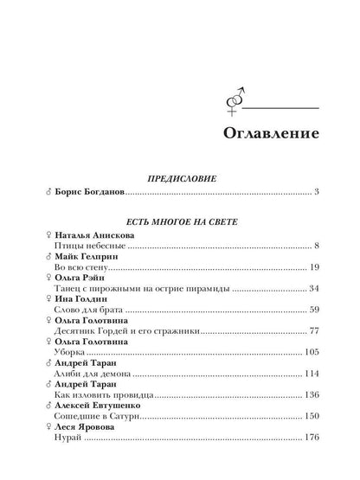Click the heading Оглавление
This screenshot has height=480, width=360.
click(260, 136)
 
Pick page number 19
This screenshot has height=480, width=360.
click(317, 267)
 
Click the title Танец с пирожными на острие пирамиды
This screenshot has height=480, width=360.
click(128, 288)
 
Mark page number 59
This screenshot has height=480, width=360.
click(317, 310)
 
